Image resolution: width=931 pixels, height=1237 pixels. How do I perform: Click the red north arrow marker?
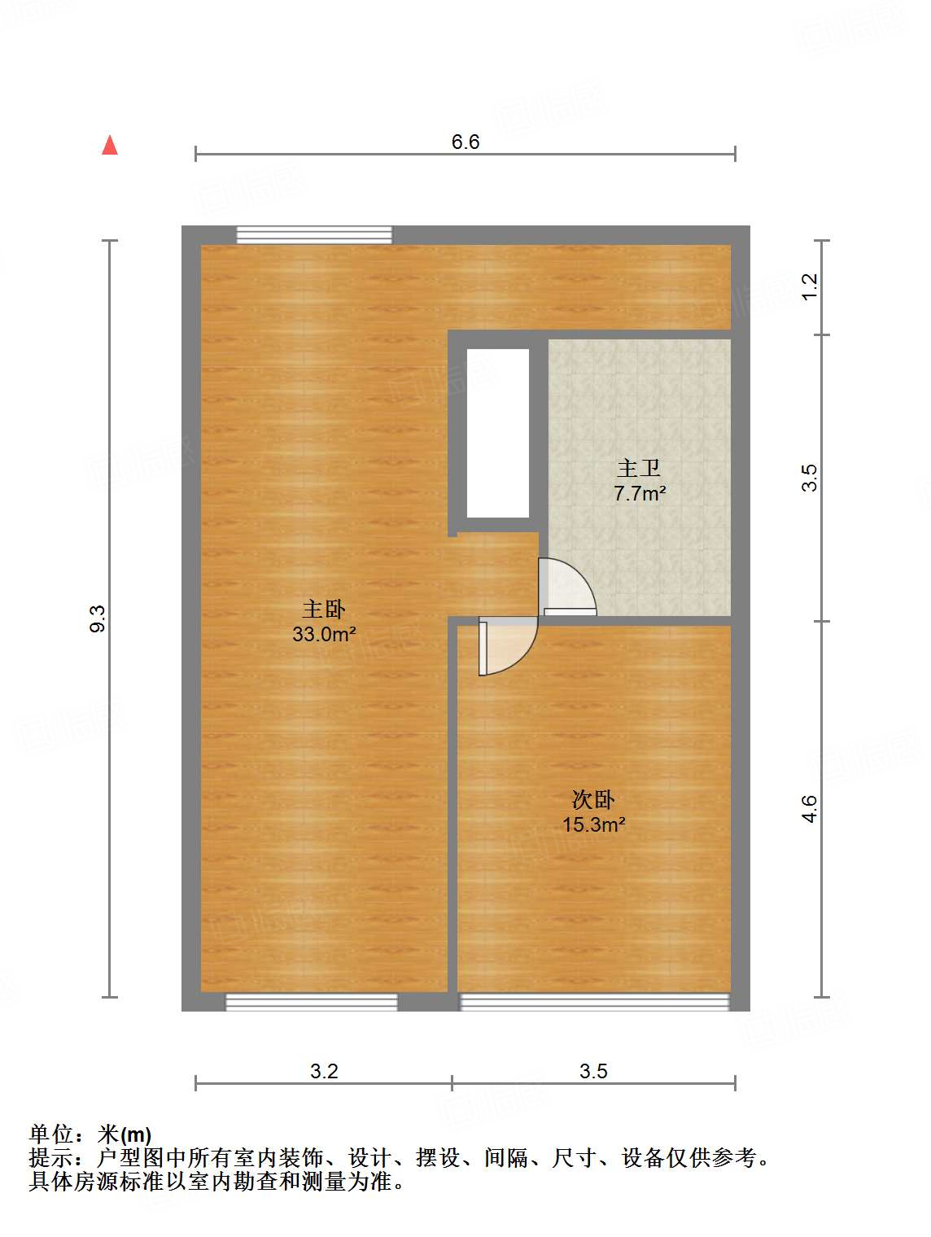tap(110, 146)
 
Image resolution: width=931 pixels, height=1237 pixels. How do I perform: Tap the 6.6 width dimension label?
tap(465, 142)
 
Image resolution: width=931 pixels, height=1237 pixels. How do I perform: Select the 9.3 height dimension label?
tap(98, 618)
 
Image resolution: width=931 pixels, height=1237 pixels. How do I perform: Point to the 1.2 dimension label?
tap(809, 286)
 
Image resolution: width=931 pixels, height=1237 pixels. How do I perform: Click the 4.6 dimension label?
tap(809, 808)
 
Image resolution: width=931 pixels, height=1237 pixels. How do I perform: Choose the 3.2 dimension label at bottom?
tap(324, 1071)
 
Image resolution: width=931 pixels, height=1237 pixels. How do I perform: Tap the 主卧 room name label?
tap(324, 609)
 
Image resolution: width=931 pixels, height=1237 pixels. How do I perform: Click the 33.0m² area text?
tap(324, 634)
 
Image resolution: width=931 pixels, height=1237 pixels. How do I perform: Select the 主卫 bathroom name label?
tap(639, 468)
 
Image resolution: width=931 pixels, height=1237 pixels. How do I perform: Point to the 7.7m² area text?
tap(640, 493)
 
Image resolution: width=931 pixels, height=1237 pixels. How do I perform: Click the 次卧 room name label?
tap(593, 799)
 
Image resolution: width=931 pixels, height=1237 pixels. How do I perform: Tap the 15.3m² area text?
tap(593, 824)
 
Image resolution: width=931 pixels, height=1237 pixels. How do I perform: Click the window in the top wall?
tap(314, 235)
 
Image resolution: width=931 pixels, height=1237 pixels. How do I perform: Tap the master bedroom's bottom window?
tap(311, 1002)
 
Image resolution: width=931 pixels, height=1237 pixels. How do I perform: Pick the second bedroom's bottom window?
tap(594, 1002)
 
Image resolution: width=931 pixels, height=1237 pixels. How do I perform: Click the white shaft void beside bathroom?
tap(498, 433)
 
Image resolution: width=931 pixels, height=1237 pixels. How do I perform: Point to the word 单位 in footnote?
tap(50, 1134)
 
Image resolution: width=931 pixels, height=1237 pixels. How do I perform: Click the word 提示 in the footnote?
tap(50, 1157)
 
